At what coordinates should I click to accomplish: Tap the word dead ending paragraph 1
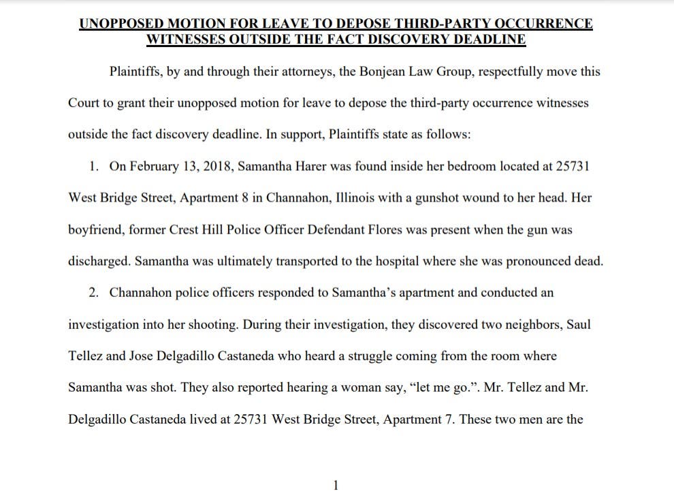click(x=590, y=262)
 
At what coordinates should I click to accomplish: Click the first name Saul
click(x=578, y=324)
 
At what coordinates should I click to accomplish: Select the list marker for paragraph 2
click(x=95, y=293)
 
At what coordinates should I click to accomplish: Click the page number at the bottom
click(x=335, y=484)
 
